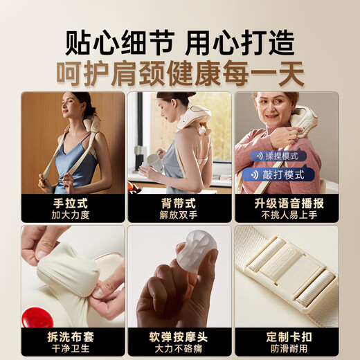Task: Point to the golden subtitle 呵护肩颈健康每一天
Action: (x=179, y=73)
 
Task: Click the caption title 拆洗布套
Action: (x=73, y=336)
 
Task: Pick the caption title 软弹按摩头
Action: (x=179, y=336)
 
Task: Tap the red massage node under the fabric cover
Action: (x=38, y=317)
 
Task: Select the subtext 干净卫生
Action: (x=73, y=348)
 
